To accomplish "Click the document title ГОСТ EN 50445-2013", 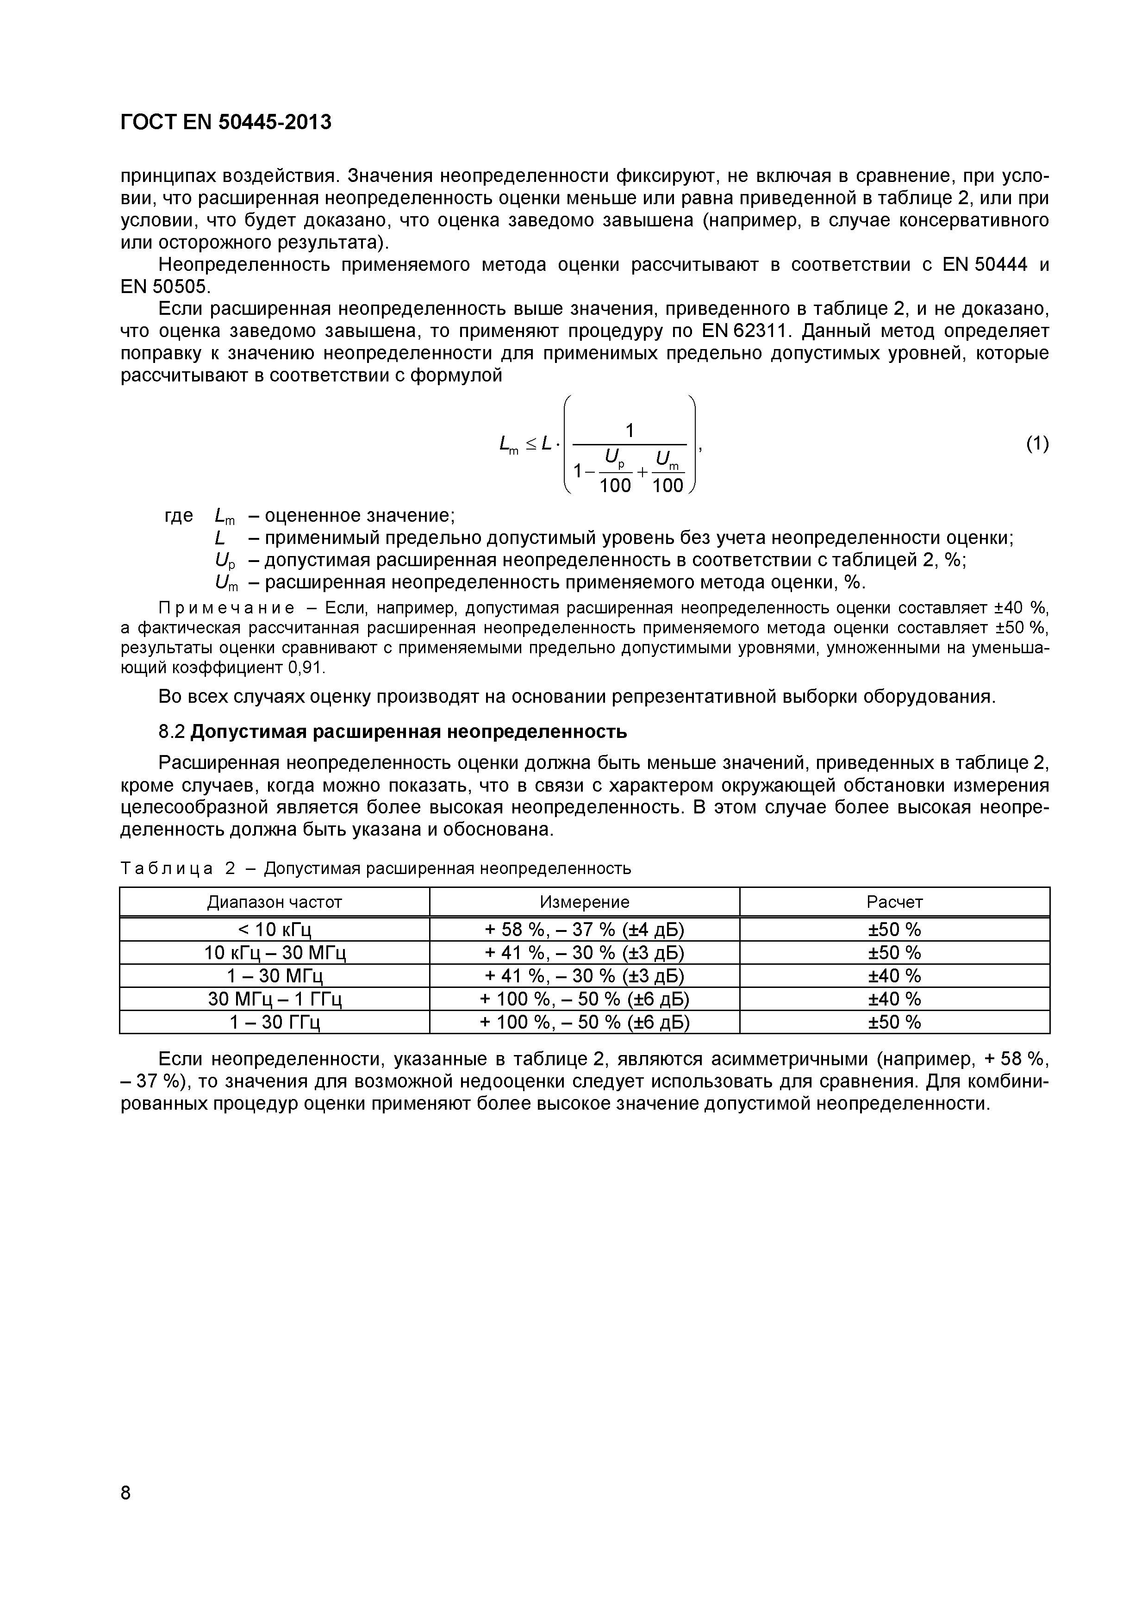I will point(225,122).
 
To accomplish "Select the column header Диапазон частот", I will point(275,902).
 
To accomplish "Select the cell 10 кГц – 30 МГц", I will point(275,953).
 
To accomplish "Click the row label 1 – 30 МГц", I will point(275,976).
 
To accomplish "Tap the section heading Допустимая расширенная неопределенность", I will point(409,731).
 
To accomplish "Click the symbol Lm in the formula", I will point(508,445).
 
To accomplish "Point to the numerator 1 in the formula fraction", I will point(630,429).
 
